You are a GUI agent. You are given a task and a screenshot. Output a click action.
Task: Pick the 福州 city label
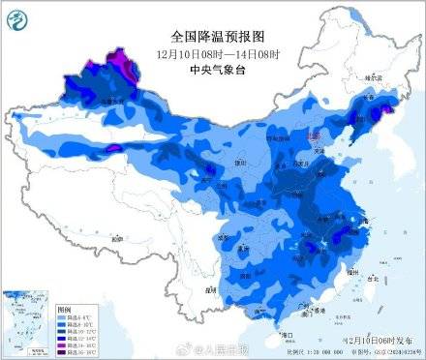(x=352, y=265)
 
